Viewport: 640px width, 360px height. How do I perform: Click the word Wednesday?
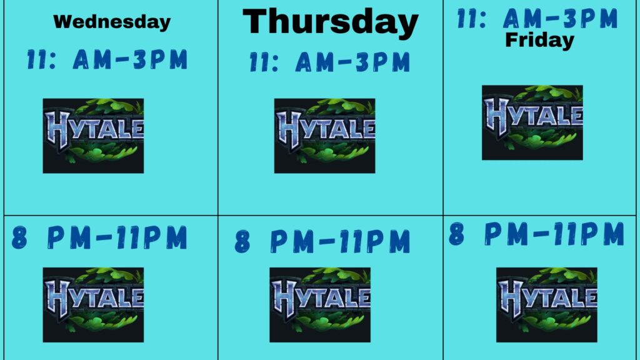pyautogui.click(x=112, y=22)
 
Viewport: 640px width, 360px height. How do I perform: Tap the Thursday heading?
pyautogui.click(x=330, y=22)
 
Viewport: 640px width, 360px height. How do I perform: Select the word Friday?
pyautogui.click(x=539, y=41)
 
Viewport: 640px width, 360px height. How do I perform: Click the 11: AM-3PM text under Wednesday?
pyautogui.click(x=107, y=59)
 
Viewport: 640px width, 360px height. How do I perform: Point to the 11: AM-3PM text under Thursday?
pyautogui.click(x=330, y=62)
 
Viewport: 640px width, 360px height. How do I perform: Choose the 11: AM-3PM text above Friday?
pyautogui.click(x=537, y=18)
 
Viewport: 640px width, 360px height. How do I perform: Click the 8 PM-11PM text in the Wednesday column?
pyautogui.click(x=99, y=237)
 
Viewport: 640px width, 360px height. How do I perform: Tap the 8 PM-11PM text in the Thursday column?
pyautogui.click(x=322, y=241)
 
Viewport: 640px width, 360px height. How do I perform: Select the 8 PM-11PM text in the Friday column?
pyautogui.click(x=536, y=234)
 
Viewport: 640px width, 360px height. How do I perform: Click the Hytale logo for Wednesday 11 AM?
pyautogui.click(x=93, y=136)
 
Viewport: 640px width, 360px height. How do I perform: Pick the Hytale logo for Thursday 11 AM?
pyautogui.click(x=324, y=136)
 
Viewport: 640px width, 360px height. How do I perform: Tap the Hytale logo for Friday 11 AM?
pyautogui.click(x=532, y=122)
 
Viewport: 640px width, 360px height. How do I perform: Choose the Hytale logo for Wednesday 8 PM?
pyautogui.click(x=93, y=305)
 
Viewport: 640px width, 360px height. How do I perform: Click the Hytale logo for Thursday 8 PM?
pyautogui.click(x=320, y=305)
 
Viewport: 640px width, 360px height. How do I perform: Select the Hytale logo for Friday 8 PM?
pyautogui.click(x=546, y=305)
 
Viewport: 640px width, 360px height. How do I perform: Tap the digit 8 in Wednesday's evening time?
pyautogui.click(x=19, y=238)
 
